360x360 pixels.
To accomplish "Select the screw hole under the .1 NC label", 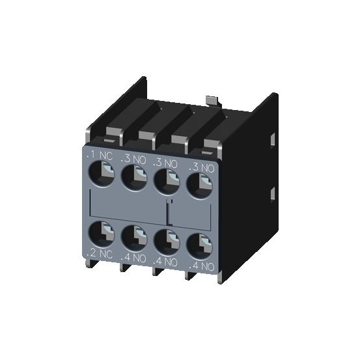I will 100,174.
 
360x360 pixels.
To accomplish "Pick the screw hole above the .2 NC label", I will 100,231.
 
